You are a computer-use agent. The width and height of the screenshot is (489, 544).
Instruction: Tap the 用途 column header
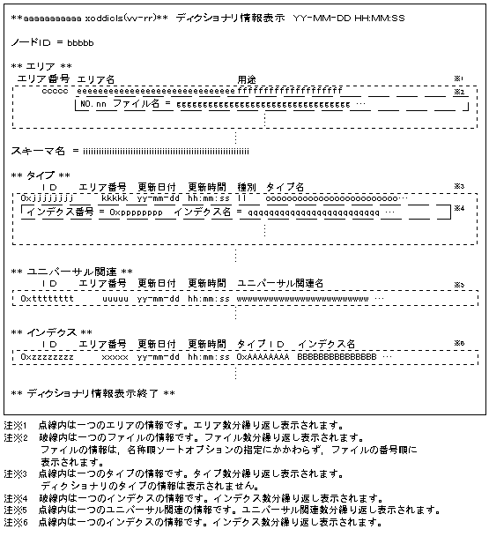[247, 79]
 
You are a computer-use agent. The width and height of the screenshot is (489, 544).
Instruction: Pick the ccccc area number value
[55, 92]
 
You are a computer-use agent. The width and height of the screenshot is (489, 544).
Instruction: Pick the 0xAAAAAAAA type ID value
[263, 357]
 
